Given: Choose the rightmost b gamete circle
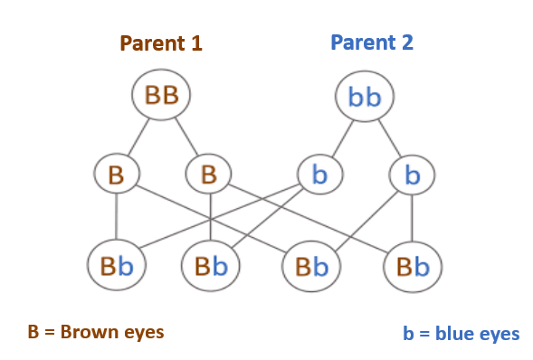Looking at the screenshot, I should coord(413,175).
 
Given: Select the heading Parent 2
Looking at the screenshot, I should coord(373,43).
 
